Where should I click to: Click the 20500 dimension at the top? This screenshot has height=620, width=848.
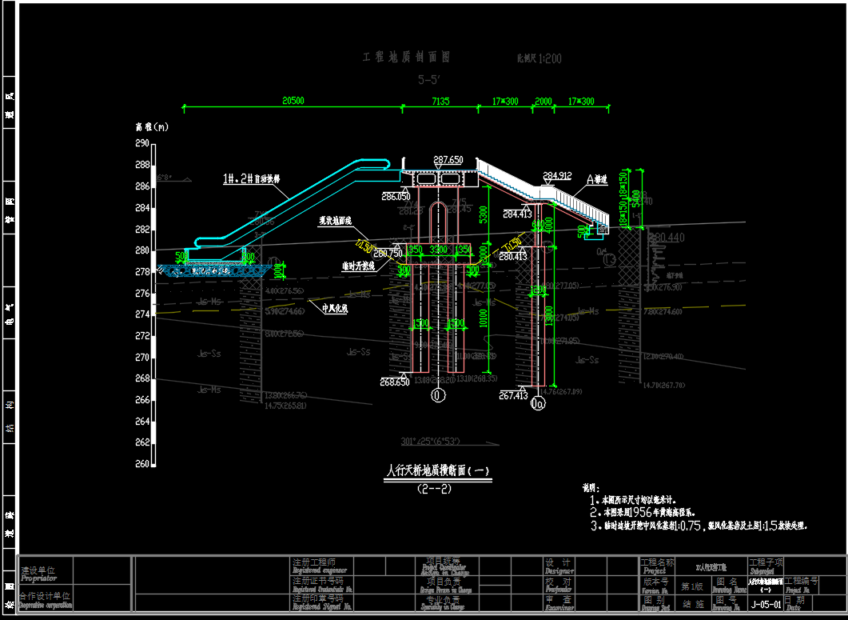293,101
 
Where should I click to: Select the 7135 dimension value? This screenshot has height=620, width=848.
440,101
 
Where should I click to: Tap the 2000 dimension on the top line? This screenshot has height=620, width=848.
543,101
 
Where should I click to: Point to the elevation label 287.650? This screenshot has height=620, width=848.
448,160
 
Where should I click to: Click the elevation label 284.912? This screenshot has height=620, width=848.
557,175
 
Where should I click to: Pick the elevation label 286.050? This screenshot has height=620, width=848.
396,196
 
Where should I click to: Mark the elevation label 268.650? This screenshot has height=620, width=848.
395,382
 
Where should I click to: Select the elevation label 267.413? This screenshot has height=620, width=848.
515,394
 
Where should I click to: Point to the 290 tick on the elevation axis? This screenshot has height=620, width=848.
142,143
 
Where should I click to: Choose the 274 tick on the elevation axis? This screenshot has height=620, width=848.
142,314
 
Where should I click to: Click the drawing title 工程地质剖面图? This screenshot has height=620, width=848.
407,58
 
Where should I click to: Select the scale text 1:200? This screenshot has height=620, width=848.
548,58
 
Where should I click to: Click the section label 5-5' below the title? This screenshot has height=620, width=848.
429,79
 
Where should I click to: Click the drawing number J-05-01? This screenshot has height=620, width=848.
765,605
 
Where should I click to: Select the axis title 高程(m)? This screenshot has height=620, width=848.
151,126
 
